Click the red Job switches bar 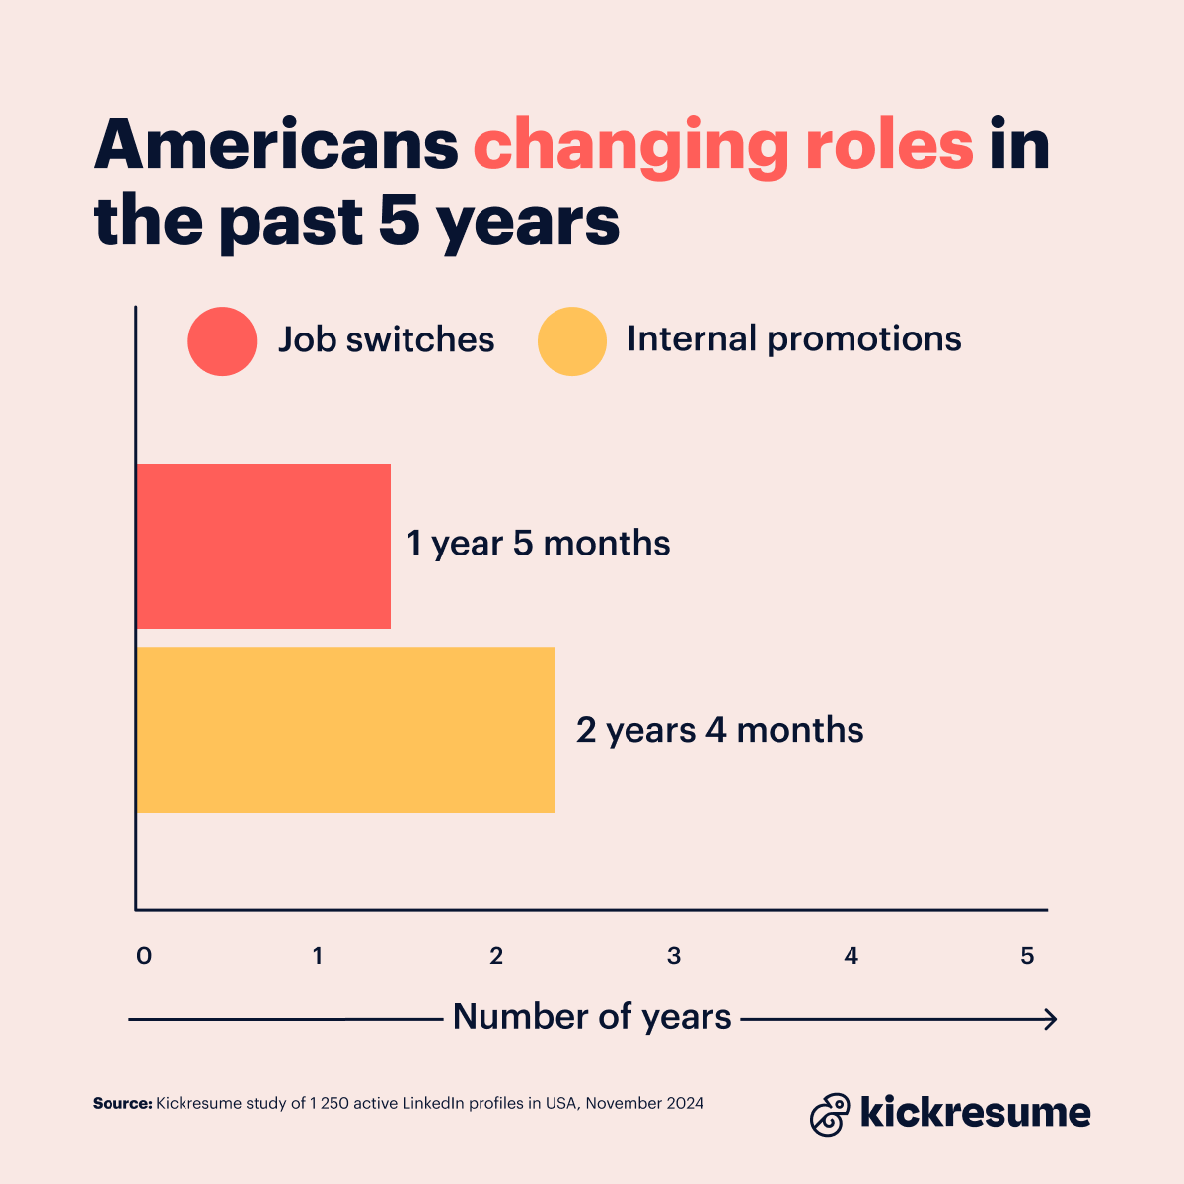(263, 546)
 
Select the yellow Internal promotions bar (345, 730)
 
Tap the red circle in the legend (222, 341)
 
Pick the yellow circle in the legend (572, 341)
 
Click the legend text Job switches (386, 340)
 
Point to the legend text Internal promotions (794, 339)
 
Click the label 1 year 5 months (539, 544)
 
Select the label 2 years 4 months (719, 731)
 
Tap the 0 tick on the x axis (144, 956)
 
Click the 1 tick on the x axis (318, 956)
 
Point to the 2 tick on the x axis (496, 956)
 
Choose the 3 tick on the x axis (674, 956)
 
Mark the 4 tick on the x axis (851, 956)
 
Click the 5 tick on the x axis (1028, 956)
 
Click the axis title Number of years (592, 1017)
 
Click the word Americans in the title (276, 146)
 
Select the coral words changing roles (723, 146)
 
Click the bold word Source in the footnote (122, 1103)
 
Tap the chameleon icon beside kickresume (830, 1114)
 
